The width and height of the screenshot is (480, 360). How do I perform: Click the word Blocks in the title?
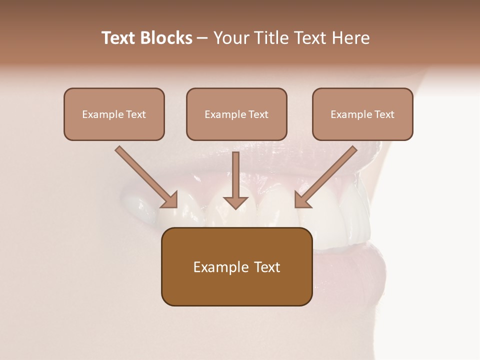coord(167,38)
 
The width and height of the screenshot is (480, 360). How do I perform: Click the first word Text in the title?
coord(119,38)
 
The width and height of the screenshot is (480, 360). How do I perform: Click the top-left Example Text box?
coord(114,114)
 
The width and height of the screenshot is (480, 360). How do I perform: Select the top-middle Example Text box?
coord(236,114)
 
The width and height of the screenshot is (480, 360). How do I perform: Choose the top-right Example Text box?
coord(362,114)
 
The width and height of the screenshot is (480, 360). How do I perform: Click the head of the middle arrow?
coord(235,202)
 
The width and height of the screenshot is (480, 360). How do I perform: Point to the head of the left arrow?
coord(170,199)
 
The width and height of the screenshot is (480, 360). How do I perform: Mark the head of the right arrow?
coord(302,199)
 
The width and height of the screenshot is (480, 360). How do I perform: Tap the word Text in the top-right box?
coord(384,114)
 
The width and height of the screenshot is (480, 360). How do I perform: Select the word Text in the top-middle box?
coord(258,114)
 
